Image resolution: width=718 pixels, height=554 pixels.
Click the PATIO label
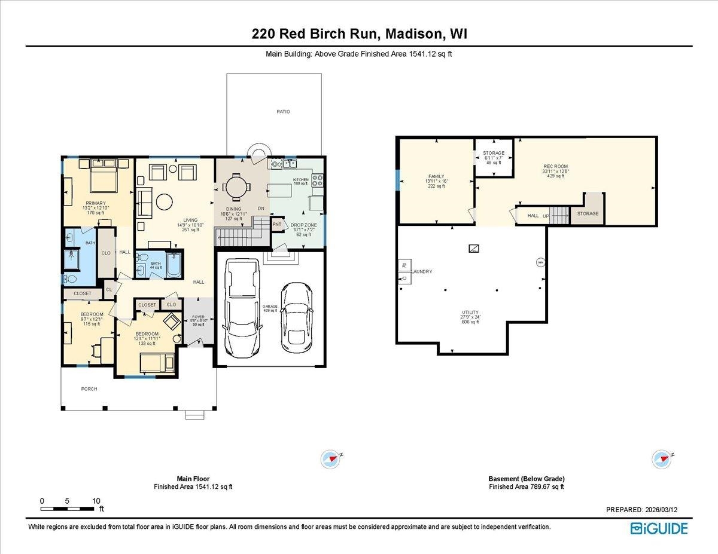click(283, 112)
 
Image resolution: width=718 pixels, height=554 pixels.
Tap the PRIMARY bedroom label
click(95, 203)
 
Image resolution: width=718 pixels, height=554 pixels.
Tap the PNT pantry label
click(277, 225)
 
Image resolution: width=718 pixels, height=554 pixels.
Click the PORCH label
click(89, 389)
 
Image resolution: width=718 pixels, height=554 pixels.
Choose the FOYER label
click(198, 317)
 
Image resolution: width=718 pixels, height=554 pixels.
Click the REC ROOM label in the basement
click(555, 166)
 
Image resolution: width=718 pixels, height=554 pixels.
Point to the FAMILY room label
click(436, 176)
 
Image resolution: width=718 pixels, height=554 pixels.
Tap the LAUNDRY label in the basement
click(422, 272)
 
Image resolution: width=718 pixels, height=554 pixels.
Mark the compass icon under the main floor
click(330, 459)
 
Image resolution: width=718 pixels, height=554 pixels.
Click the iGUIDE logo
click(659, 528)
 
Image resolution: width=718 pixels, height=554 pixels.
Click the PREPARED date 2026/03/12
click(642, 510)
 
